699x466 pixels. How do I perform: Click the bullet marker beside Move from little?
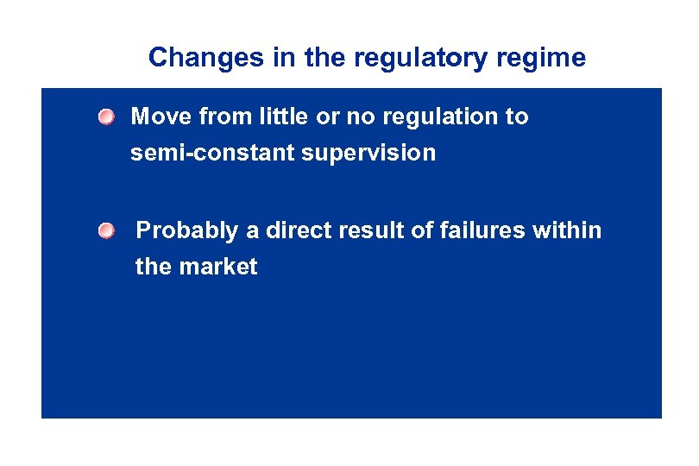click(x=104, y=116)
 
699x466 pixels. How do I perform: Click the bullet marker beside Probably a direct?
click(x=104, y=230)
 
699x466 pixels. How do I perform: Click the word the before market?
click(x=154, y=268)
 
